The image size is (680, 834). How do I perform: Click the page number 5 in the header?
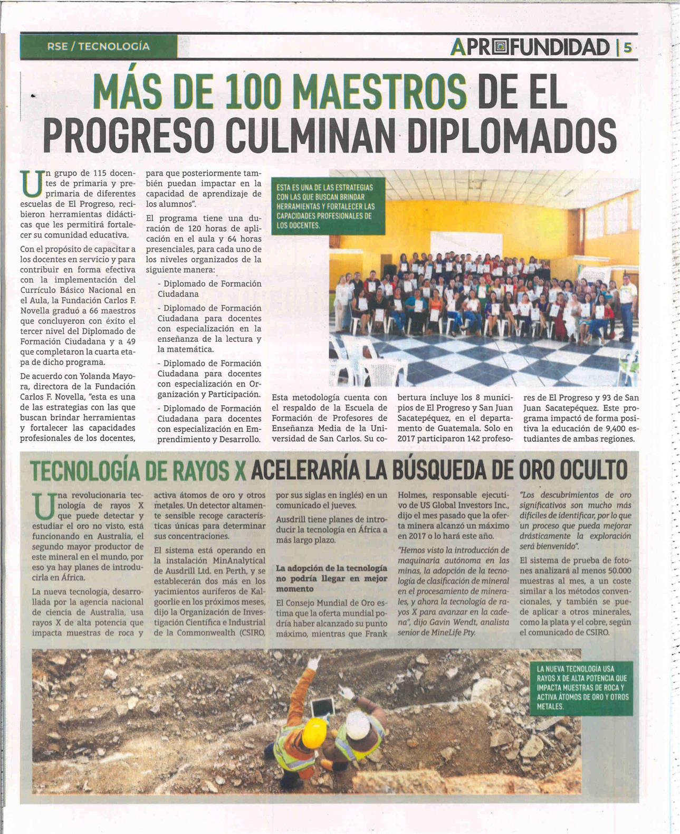point(627,48)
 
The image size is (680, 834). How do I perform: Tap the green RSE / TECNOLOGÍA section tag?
point(99,46)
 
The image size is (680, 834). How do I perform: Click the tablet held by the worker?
point(323,705)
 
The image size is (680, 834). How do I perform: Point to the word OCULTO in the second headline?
point(593,470)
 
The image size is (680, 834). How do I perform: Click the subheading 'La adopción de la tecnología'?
point(331,568)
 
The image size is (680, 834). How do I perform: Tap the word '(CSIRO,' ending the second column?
point(252,632)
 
